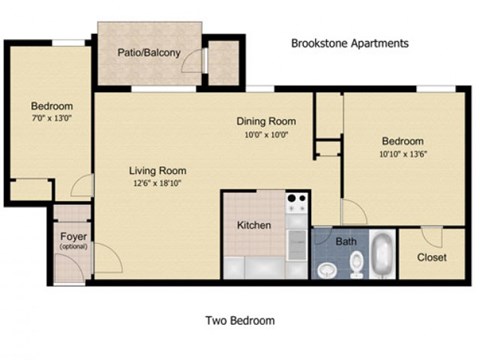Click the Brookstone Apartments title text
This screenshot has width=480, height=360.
[x=349, y=44]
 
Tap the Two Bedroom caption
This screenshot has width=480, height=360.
[x=240, y=321]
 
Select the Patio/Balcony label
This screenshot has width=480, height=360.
[x=149, y=53]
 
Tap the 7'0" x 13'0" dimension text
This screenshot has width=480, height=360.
[x=50, y=119]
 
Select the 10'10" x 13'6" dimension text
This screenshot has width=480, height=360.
[x=402, y=155]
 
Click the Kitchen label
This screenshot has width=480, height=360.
[x=254, y=225]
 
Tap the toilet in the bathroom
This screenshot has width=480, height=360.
[x=327, y=269]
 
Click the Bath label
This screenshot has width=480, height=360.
[x=346, y=241]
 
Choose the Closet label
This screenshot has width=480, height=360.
[x=432, y=257]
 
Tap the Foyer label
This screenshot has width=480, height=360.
[x=73, y=236]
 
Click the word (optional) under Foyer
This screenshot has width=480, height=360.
[x=73, y=247]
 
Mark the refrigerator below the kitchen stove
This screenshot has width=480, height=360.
[x=296, y=240]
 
